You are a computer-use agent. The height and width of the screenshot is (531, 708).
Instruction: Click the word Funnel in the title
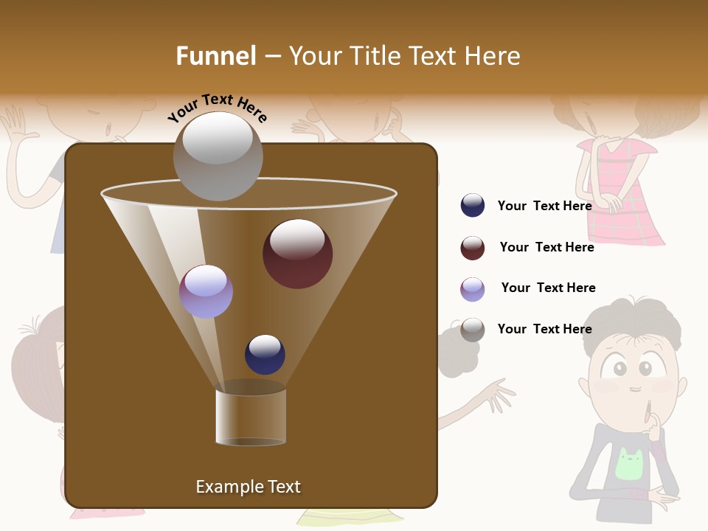(216, 56)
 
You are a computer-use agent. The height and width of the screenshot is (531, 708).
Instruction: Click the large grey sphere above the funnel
(218, 156)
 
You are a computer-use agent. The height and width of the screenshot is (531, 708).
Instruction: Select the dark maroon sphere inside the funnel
(297, 254)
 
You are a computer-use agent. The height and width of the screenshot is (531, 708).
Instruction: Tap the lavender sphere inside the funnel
(206, 291)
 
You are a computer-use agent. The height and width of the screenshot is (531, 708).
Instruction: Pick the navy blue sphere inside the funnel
(265, 355)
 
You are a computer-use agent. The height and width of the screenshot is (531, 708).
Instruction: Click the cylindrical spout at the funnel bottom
(251, 416)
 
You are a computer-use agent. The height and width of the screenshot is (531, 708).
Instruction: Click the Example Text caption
(248, 487)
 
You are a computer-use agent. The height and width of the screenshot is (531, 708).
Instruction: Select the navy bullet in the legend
(473, 206)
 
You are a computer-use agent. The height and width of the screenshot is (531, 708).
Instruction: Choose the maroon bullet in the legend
(473, 248)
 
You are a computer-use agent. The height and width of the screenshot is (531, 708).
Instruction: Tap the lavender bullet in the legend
(473, 289)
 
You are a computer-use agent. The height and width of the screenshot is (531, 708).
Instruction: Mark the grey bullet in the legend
(473, 330)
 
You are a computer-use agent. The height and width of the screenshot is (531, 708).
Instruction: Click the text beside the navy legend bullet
(545, 206)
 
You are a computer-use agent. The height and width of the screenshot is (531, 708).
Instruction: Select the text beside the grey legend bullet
(545, 329)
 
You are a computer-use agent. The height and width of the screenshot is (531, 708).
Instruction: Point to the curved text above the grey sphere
(217, 108)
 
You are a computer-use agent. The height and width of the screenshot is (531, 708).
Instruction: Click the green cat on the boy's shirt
(630, 465)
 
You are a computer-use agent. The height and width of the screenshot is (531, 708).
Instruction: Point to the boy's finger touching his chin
(648, 413)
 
